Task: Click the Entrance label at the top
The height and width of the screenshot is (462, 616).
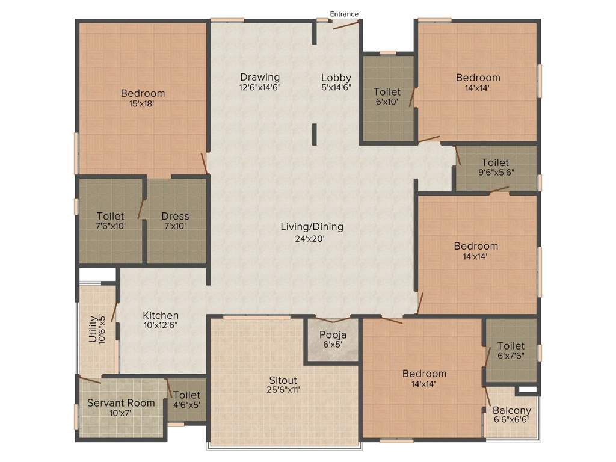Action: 344,14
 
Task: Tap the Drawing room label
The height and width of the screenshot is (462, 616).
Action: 260,77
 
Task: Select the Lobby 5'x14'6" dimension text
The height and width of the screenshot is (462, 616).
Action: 336,87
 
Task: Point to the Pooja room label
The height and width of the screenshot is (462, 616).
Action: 333,335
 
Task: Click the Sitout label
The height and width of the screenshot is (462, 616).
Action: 283,380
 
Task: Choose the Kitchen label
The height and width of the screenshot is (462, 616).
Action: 161,315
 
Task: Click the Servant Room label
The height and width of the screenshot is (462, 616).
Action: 121,403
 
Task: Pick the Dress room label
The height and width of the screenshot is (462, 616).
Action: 175,216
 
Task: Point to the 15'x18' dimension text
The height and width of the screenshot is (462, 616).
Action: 143,103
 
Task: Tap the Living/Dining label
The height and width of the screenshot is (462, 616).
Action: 312,227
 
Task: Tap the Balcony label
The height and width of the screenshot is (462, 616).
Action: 511,411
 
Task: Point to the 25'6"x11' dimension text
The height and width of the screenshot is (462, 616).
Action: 283,390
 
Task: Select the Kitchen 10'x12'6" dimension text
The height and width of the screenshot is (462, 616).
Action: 161,325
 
